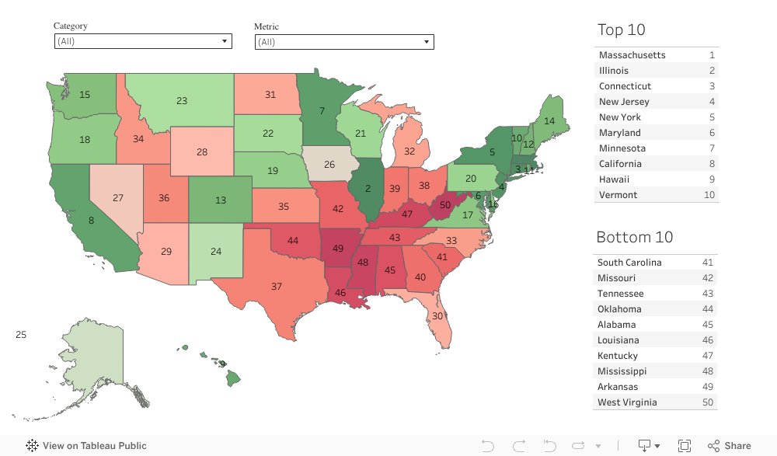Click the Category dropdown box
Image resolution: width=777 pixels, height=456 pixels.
(143, 41)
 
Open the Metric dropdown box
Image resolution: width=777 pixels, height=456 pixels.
(344, 42)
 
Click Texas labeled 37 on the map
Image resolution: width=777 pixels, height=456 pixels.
(277, 287)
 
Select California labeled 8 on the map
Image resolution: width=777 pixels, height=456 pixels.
(92, 221)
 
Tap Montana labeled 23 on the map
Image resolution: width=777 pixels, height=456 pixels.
(181, 101)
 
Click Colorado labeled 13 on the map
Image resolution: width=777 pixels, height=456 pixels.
(221, 200)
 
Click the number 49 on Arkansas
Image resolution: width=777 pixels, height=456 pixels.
(338, 249)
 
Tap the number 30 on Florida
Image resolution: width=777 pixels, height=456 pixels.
(437, 316)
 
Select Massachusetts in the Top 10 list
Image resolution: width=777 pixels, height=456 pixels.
(632, 55)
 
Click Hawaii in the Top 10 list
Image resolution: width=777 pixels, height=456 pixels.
(614, 179)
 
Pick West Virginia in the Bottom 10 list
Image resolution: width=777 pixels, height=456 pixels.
(627, 402)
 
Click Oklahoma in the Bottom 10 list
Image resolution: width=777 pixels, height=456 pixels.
(619, 309)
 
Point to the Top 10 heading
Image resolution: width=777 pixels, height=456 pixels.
(622, 30)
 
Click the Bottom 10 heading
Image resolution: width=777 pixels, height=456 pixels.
(635, 237)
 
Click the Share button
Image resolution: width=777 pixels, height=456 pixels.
(730, 446)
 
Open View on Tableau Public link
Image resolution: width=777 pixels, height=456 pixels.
(86, 446)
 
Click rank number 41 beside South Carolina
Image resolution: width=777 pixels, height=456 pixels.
(707, 263)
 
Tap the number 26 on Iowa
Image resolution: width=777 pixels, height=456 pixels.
(329, 165)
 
